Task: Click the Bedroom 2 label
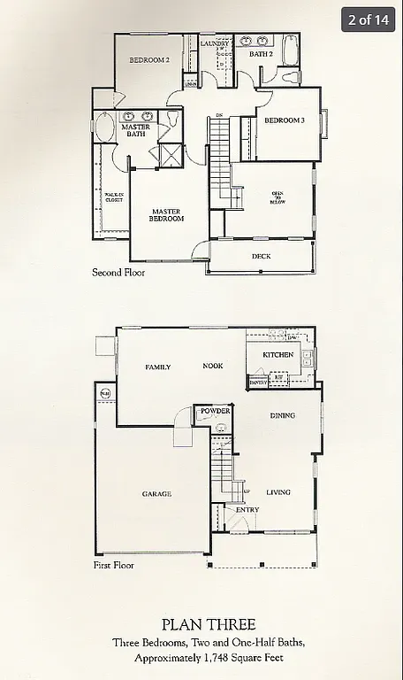[148, 60]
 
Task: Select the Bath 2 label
[260, 54]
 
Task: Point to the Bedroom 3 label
[285, 120]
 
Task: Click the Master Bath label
[135, 130]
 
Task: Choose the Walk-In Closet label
[113, 197]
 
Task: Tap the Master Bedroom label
[166, 215]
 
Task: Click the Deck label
[261, 257]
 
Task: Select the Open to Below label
[278, 198]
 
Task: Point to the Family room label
[158, 367]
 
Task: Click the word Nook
[212, 367]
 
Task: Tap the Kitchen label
[278, 355]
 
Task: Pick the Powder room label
[215, 412]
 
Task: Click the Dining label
[283, 415]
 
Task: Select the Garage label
[156, 494]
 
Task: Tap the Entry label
[247, 510]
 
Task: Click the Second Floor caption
[118, 273]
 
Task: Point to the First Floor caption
[114, 564]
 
